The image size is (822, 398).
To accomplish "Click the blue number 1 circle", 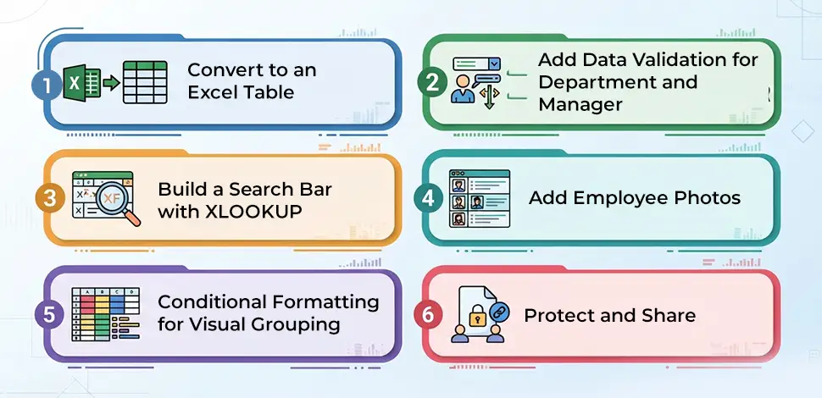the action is tap(47, 85).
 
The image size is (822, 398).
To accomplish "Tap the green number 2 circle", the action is tap(432, 82).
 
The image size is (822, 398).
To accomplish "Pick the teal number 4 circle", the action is tap(428, 198).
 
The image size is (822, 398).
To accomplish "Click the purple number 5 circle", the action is tap(49, 314).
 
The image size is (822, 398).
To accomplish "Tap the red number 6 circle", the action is tap(428, 315).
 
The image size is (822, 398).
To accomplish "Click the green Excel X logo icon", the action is tap(82, 83).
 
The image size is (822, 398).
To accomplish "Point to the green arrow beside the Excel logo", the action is tap(111, 83).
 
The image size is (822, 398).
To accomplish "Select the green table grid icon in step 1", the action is tap(145, 82).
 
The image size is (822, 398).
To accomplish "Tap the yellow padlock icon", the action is tap(477, 318).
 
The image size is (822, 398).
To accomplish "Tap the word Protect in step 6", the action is tap(558, 315).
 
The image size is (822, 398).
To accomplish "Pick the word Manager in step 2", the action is tap(580, 105).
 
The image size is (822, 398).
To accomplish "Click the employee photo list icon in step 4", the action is tap(479, 198).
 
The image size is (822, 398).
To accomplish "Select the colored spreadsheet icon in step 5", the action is tap(105, 314).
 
